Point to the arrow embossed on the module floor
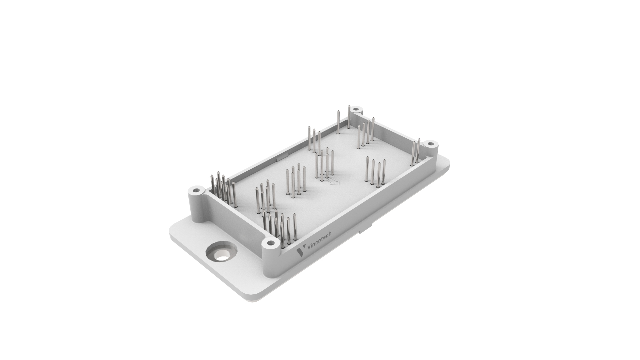[x=334, y=182]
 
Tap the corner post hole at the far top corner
[x=356, y=109]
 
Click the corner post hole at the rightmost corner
[x=431, y=144]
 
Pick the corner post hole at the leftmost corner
[x=196, y=191]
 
